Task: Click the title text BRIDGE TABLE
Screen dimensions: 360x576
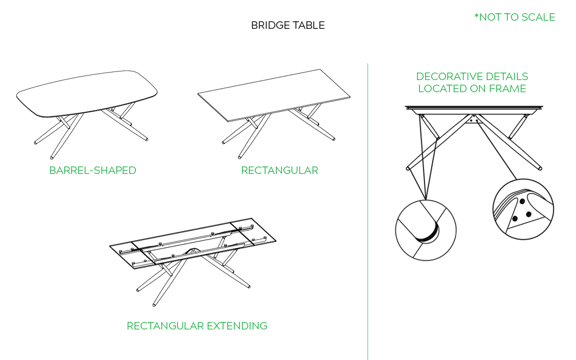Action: click(x=287, y=25)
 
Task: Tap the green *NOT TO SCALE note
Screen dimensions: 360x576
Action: click(x=514, y=17)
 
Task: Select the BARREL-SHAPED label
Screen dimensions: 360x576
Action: click(x=93, y=170)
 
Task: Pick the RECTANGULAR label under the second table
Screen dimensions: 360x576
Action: click(x=279, y=170)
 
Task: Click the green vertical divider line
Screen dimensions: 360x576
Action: click(x=367, y=230)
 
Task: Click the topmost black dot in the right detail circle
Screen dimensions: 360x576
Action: click(x=521, y=202)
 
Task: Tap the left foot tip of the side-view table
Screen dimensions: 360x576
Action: click(x=408, y=169)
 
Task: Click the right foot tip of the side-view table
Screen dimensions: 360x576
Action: click(x=540, y=169)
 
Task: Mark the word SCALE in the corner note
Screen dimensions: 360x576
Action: click(x=538, y=17)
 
